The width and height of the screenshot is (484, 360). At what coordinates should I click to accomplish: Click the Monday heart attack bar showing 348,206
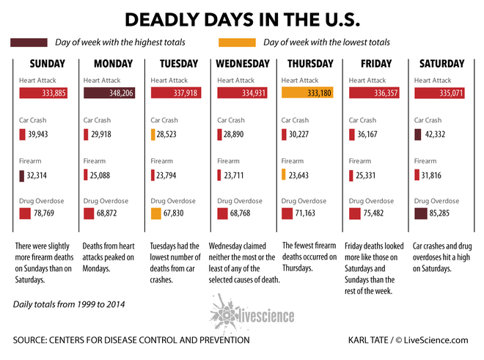109,93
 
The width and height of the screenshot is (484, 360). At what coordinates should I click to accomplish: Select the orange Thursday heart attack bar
307,92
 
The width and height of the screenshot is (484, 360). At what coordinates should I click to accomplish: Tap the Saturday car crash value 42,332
435,134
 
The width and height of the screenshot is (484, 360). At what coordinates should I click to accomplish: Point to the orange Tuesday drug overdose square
156,213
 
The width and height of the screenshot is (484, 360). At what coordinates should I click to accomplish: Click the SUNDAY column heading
48,64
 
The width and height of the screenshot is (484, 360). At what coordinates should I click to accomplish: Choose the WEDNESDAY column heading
243,64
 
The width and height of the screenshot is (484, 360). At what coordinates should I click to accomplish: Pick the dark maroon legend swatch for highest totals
29,43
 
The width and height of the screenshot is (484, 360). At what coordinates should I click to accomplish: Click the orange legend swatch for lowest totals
237,43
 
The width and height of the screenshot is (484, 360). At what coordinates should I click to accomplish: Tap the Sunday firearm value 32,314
37,175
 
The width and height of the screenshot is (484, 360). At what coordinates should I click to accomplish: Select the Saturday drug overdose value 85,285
439,213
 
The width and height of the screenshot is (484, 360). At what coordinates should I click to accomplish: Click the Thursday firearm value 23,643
298,175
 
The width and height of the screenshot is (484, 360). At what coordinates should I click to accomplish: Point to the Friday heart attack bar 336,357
374,93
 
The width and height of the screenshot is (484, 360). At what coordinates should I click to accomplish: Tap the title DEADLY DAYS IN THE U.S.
243,20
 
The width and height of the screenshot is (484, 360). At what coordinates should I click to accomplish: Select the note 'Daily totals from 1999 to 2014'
69,304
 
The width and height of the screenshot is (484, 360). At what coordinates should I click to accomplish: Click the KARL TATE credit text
368,340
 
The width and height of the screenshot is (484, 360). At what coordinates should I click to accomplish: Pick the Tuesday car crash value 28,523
166,134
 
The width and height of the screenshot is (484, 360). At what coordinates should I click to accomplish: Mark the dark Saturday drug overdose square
421,213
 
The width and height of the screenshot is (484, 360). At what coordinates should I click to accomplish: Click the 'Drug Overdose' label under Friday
371,201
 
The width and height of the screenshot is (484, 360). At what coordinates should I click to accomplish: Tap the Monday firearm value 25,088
100,175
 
